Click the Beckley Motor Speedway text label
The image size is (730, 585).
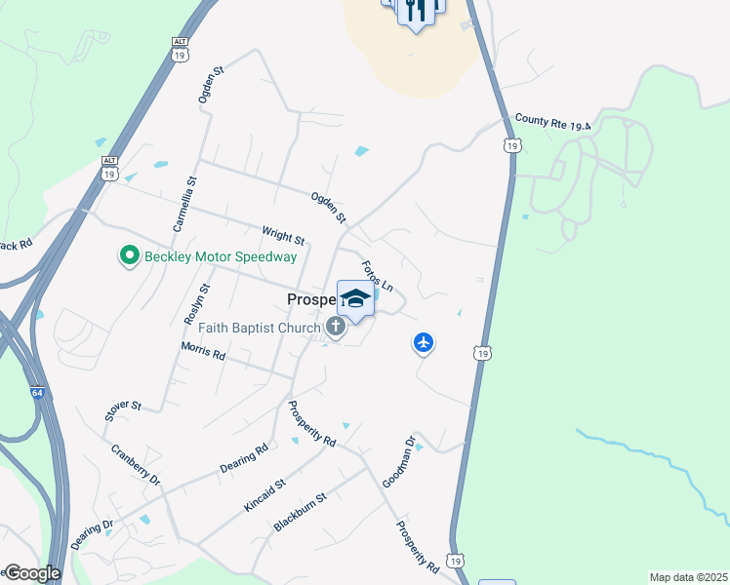(221, 256)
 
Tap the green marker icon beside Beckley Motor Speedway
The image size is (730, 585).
(128, 256)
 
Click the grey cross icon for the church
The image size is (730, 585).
(336, 327)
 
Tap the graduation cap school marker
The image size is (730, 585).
(355, 298)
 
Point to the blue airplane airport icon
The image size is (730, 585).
(423, 342)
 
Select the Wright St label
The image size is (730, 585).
(284, 235)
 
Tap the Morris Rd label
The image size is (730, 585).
(203, 352)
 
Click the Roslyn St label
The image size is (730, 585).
(197, 304)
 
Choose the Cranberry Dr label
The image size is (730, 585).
(135, 466)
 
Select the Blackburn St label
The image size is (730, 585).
(300, 511)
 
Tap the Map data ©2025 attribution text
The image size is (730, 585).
(687, 577)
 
